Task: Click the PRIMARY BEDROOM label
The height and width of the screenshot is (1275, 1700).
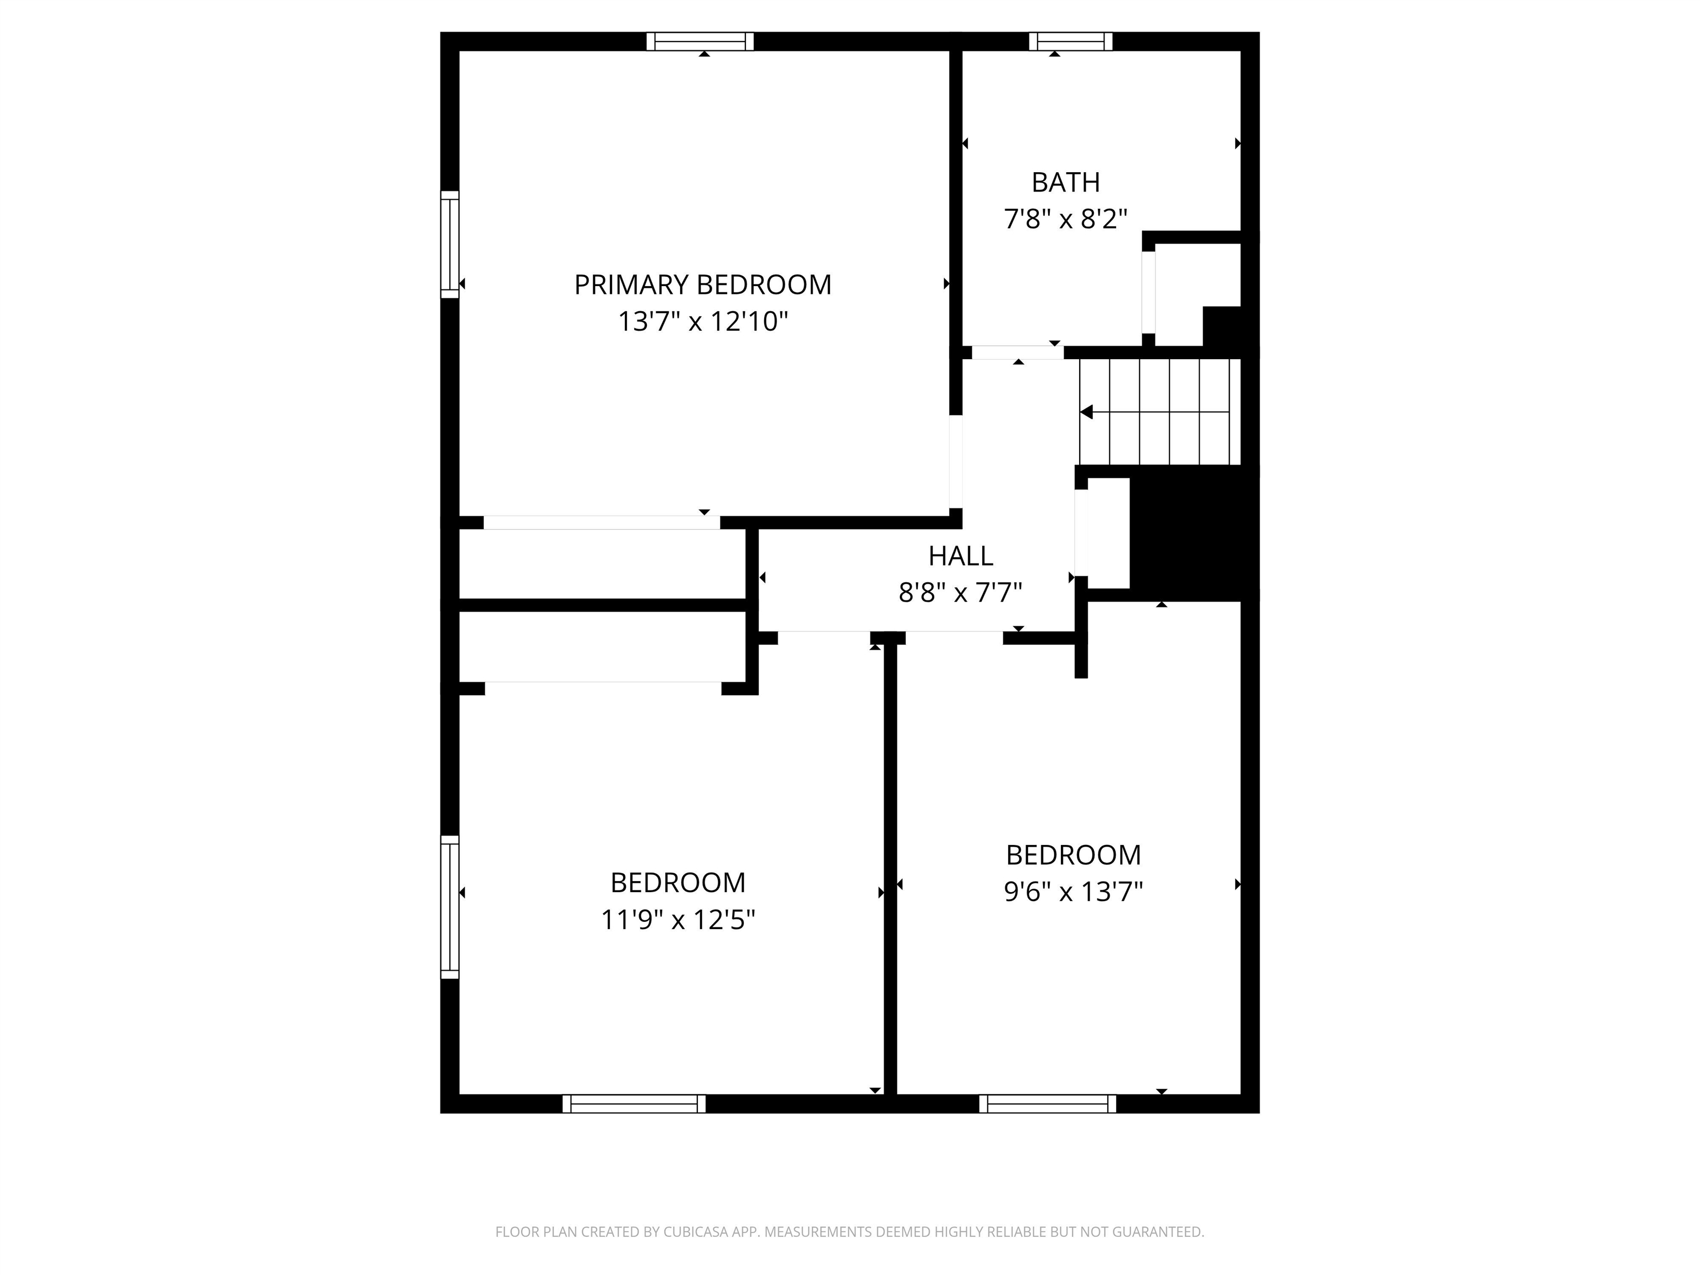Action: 702,285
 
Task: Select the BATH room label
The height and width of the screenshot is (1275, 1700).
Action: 1065,182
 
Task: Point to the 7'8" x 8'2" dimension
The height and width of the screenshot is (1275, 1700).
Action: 1065,219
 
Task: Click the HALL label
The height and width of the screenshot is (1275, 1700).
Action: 960,556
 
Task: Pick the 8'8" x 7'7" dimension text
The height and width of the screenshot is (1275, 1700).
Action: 960,593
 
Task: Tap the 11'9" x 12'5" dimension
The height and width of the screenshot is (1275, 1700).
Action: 678,919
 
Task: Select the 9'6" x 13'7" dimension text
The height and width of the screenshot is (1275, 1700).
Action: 1073,892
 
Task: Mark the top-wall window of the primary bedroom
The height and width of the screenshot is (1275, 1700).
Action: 700,42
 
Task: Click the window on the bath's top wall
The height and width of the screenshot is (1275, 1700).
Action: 1071,42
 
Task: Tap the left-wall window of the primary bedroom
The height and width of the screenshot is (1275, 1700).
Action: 449,245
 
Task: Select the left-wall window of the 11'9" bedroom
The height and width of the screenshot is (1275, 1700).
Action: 449,907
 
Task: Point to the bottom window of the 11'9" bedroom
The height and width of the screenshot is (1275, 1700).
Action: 634,1103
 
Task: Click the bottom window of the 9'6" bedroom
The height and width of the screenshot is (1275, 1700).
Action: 1048,1103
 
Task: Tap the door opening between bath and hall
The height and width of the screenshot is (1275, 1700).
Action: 1018,353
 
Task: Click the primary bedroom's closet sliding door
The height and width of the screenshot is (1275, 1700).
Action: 602,522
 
